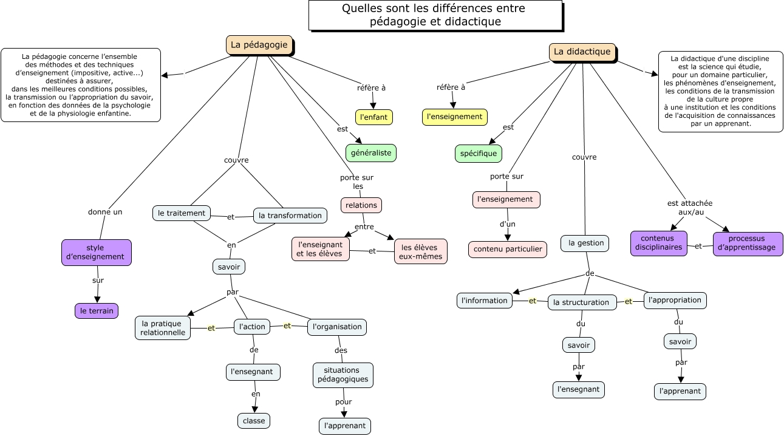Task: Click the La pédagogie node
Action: [259, 45]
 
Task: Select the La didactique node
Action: [582, 52]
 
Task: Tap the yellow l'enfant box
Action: [374, 117]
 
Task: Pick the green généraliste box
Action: [371, 153]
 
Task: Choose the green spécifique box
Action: [479, 154]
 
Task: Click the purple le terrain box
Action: [97, 311]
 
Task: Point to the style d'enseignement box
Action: [97, 252]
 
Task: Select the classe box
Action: [254, 421]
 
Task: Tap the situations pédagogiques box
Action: [343, 375]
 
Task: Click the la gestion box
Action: [585, 243]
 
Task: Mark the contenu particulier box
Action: [508, 249]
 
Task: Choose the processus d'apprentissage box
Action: [748, 244]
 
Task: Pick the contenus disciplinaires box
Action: [659, 243]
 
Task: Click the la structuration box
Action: [582, 302]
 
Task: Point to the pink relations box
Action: [361, 205]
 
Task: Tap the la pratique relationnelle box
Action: [163, 328]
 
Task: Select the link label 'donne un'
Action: [105, 212]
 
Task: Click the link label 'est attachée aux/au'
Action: [690, 208]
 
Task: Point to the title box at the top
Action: [435, 15]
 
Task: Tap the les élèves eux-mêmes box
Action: [421, 251]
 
